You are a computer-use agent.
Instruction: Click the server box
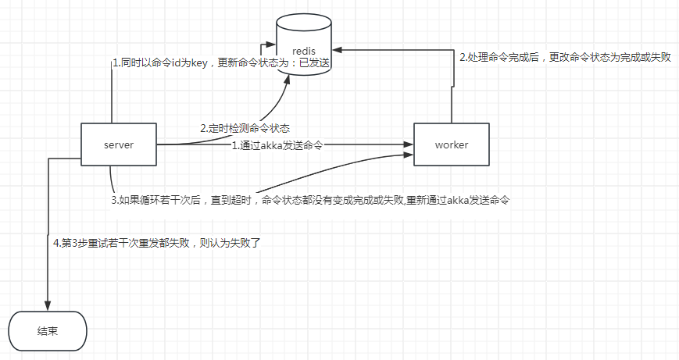119,144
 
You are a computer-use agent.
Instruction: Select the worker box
451,144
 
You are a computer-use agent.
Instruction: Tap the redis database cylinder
305,47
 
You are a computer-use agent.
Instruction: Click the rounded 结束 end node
48,331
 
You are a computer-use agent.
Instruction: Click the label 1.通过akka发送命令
277,145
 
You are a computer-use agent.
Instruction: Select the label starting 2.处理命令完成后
565,58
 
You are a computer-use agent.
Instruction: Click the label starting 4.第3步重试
155,243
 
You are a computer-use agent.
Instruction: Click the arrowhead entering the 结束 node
48,306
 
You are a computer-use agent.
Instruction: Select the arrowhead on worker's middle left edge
409,144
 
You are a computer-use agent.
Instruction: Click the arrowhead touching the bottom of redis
289,80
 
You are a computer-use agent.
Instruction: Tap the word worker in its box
451,145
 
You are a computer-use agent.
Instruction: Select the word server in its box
119,145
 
